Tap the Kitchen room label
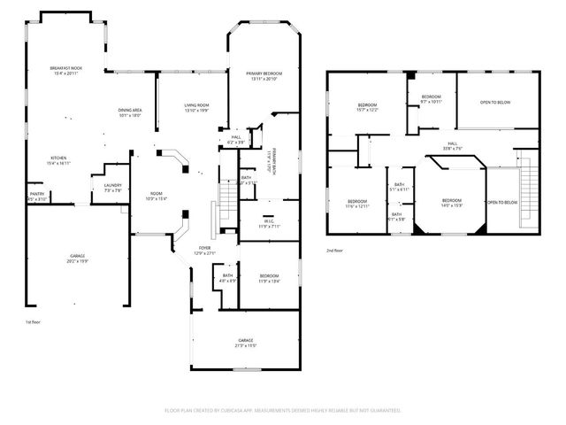pyautogui.click(x=57, y=158)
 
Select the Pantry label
pyautogui.click(x=37, y=194)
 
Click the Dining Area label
pyautogui.click(x=130, y=110)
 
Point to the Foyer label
pyautogui.click(x=204, y=248)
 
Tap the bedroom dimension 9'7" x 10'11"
pyautogui.click(x=431, y=101)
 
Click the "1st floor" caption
pyautogui.click(x=32, y=321)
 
